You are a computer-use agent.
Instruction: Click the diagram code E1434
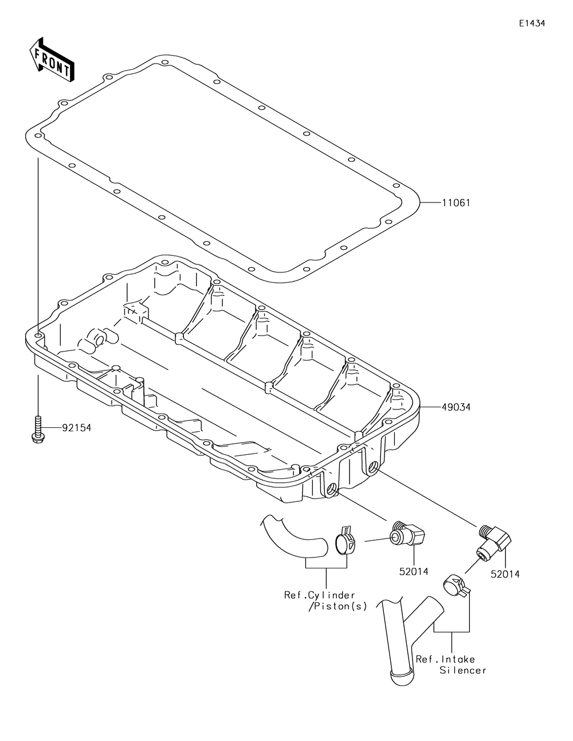pyautogui.click(x=532, y=24)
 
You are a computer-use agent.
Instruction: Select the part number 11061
pyautogui.click(x=456, y=203)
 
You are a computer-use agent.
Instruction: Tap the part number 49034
pyautogui.click(x=456, y=408)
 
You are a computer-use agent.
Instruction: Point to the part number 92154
pyautogui.click(x=76, y=428)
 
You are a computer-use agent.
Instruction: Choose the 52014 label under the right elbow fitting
pyautogui.click(x=505, y=573)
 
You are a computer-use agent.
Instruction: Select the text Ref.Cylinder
pyautogui.click(x=320, y=595)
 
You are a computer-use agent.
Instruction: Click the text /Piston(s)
pyautogui.click(x=337, y=607)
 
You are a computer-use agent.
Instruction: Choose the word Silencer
pyautogui.click(x=463, y=670)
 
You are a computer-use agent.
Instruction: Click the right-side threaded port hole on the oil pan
pyautogui.click(x=374, y=467)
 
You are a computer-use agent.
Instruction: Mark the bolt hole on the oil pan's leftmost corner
pyautogui.click(x=38, y=336)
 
